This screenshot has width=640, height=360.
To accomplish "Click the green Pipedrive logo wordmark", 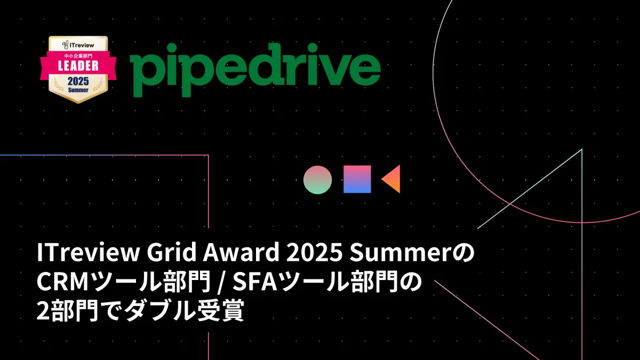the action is click(255, 70).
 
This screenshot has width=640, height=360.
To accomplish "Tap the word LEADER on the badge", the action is click(78, 66).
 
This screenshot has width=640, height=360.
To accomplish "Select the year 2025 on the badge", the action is click(78, 82).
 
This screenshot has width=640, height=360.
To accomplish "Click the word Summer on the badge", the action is click(78, 90).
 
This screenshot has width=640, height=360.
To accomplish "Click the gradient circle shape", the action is click(318, 180).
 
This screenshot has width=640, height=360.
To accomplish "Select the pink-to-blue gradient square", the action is click(357, 179).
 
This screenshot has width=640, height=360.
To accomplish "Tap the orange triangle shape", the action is click(391, 179).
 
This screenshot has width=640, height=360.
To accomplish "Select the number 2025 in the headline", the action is click(314, 252).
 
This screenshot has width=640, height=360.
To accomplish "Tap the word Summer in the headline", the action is click(401, 252).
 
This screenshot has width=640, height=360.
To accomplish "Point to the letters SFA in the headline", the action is click(255, 282).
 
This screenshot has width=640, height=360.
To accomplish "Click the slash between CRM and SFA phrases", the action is click(220, 282).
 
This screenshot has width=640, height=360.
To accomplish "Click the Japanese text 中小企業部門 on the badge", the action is click(78, 55).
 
